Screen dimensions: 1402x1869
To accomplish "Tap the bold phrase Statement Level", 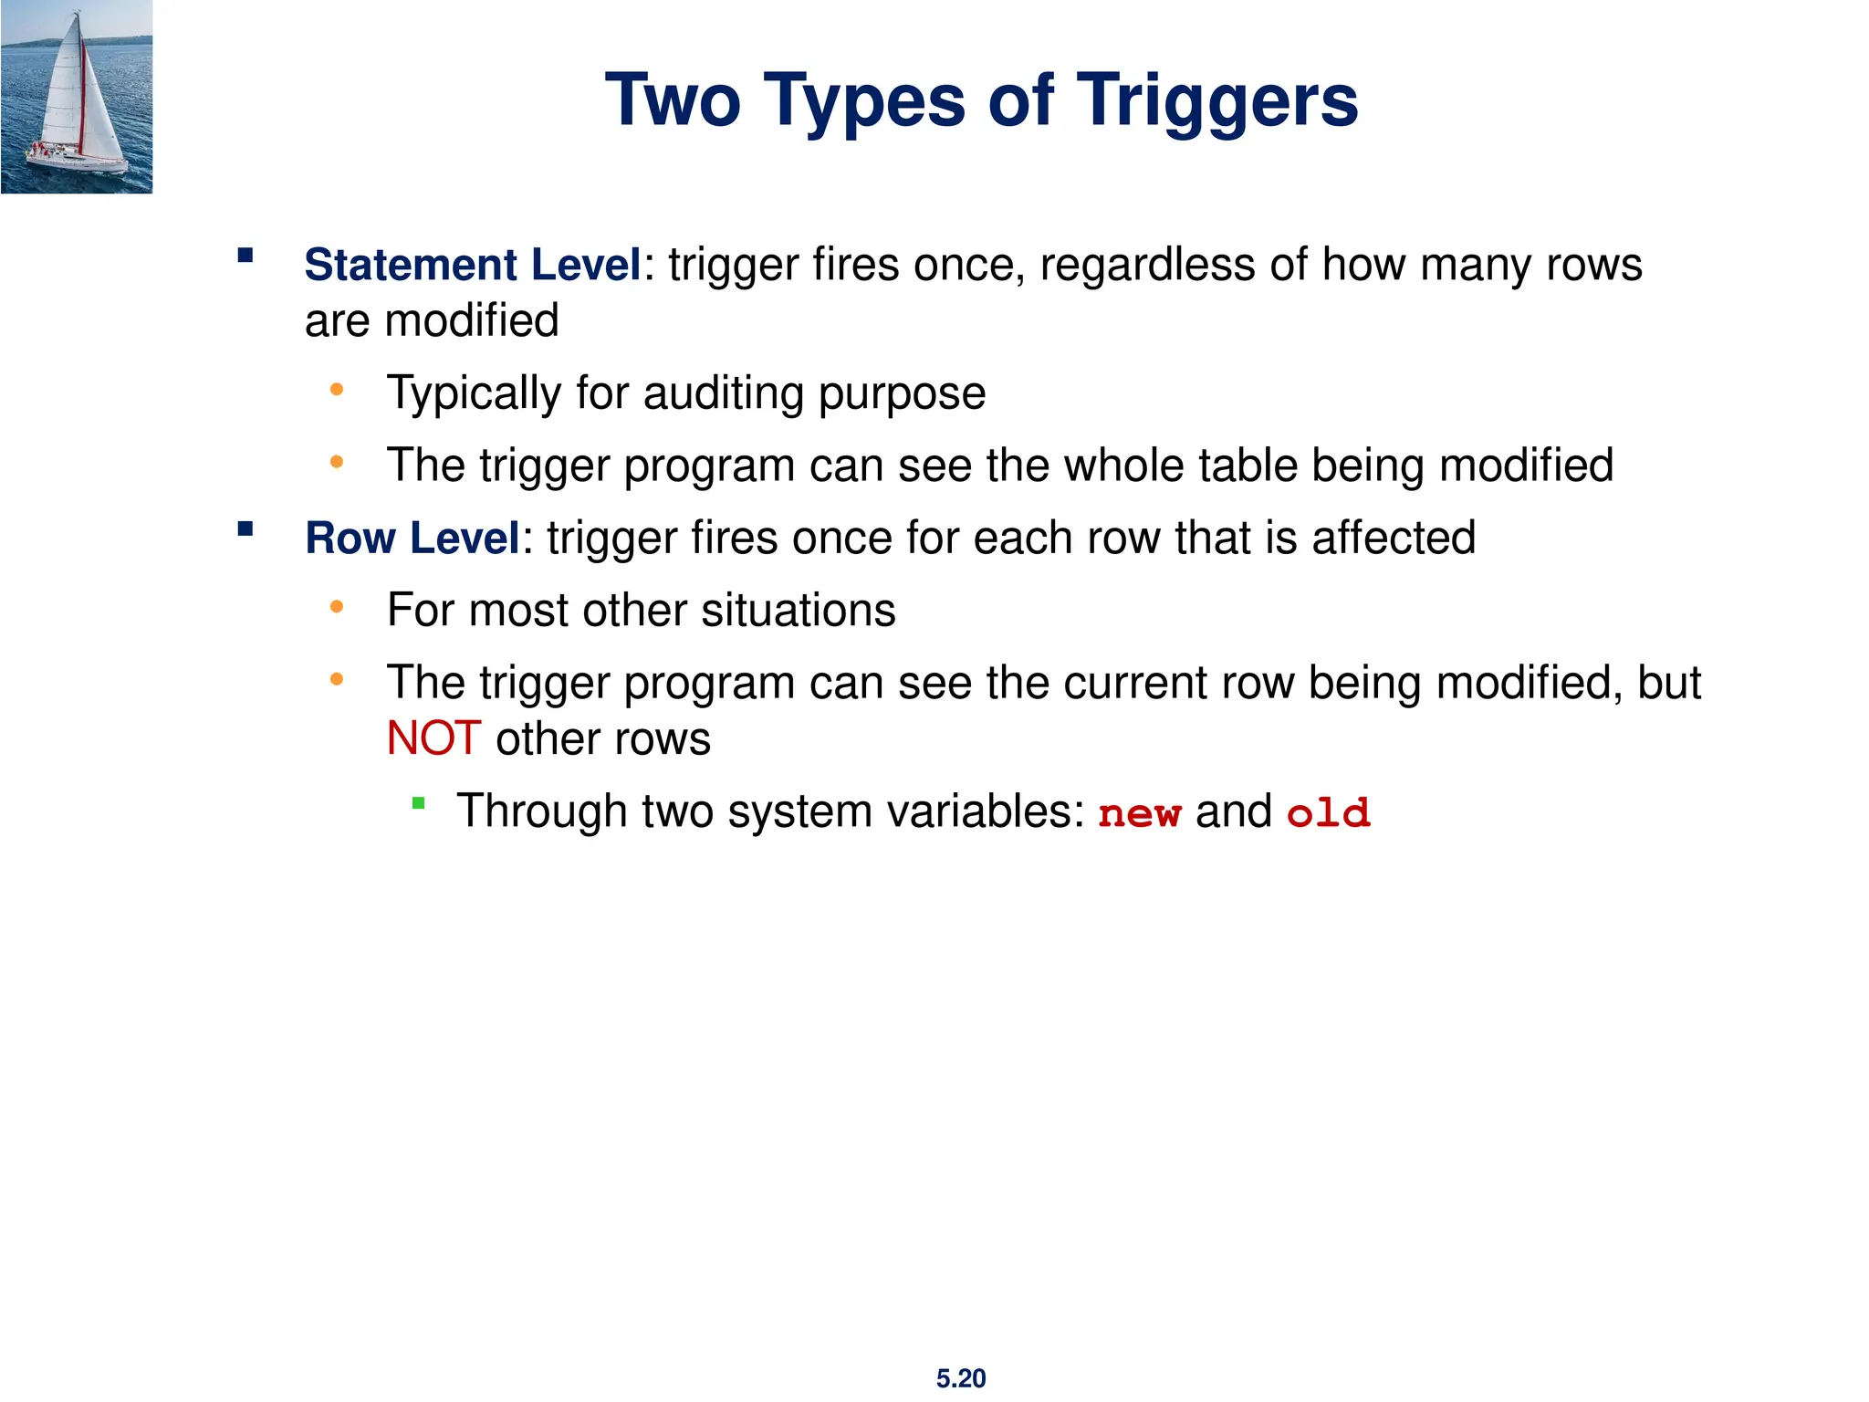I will [x=473, y=265].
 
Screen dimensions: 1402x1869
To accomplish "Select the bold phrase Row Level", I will [x=412, y=538].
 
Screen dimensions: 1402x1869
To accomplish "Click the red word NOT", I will [x=433, y=738].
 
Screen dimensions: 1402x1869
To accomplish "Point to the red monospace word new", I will [x=1139, y=813].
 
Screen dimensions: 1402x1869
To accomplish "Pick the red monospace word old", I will [x=1328, y=813].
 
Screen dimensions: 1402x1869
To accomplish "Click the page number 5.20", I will [x=960, y=1378].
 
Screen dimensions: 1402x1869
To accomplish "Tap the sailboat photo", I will [x=77, y=97].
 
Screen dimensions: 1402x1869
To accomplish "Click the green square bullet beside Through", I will [x=419, y=803].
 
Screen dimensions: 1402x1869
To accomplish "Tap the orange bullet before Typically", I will [x=337, y=390].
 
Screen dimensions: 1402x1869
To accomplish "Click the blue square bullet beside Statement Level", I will [x=245, y=255].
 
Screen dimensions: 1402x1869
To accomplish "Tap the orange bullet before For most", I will [x=337, y=606].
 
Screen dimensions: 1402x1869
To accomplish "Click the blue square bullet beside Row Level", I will [x=245, y=528].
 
